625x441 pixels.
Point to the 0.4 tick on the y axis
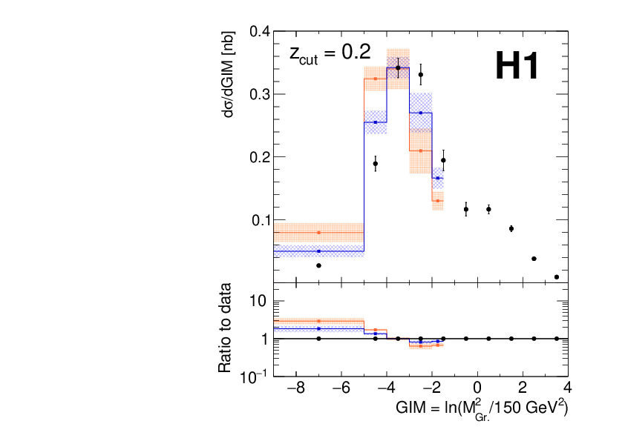tap(259, 33)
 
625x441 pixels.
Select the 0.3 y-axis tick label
tap(259, 95)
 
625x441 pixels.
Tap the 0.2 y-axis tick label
tap(259, 157)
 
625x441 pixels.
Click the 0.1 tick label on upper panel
tap(259, 220)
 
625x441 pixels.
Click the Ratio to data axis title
tap(225, 328)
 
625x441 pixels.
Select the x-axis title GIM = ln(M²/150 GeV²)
tap(482, 408)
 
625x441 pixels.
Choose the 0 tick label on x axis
tap(477, 389)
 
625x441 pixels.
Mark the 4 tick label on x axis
tap(567, 389)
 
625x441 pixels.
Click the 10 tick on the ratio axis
tap(258, 302)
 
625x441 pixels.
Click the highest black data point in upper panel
tap(398, 67)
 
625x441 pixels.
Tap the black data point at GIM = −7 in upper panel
tap(318, 265)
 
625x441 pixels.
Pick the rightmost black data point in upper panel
tap(557, 277)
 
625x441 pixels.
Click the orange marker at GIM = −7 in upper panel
tap(318, 233)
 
